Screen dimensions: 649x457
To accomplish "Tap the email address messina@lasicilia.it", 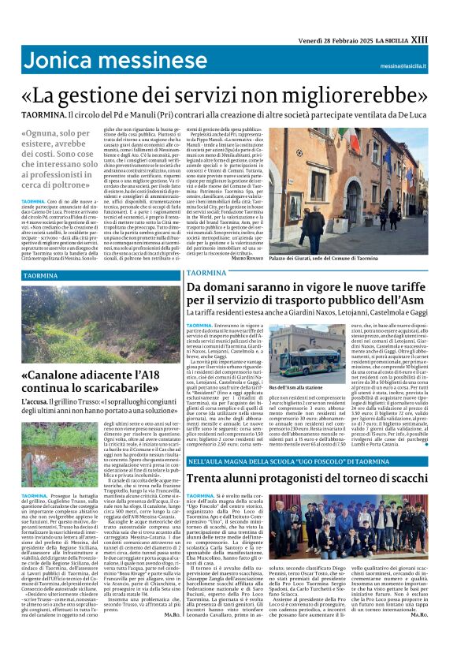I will point(401,67).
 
